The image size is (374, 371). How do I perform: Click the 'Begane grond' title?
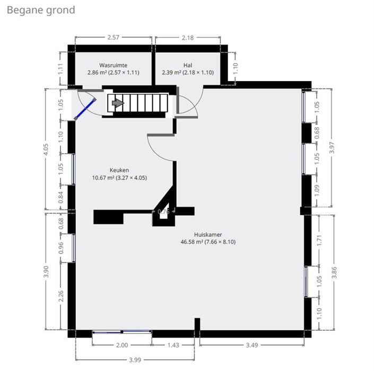41,10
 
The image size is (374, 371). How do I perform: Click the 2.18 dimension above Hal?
188,38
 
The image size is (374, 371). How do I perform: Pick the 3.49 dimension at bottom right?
251,346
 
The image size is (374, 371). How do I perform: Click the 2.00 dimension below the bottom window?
121,346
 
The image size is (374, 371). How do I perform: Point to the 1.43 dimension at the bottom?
173,346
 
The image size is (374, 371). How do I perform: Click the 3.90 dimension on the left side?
47,271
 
